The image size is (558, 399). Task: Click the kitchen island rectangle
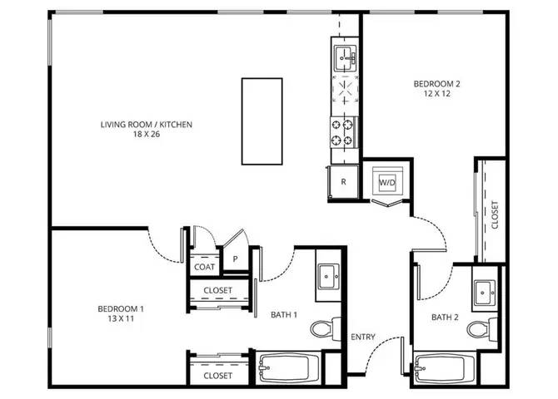pos(262,121)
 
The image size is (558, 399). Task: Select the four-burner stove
pos(342,132)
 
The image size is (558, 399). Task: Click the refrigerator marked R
pos(343,182)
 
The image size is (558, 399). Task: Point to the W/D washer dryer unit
pos(387,183)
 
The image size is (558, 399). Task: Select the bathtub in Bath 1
pos(288,368)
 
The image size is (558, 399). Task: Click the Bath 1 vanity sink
pos(329,277)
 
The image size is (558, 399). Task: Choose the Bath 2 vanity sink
pos(485,293)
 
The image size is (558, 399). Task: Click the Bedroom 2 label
pos(436,84)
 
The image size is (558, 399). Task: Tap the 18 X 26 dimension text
pos(147,134)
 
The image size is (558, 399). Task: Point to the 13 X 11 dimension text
pos(121,318)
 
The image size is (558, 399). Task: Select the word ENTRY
pos(363,337)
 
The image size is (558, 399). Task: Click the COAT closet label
pos(204,267)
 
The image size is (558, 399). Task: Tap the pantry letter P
pos(235,259)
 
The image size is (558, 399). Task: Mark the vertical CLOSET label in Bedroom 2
pos(495,215)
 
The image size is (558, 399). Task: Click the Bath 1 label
pos(284,314)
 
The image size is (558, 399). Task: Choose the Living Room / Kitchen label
pos(147,125)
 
